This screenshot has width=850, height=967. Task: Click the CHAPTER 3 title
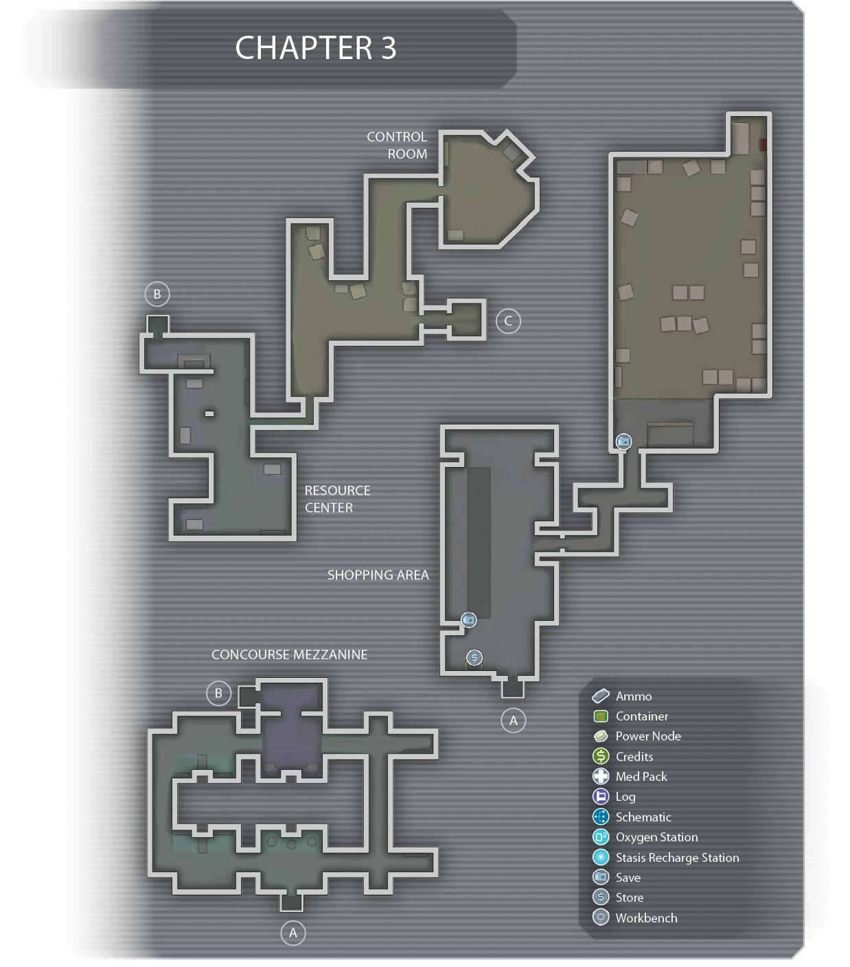pyautogui.click(x=315, y=47)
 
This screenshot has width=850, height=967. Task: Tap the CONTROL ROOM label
pyautogui.click(x=397, y=145)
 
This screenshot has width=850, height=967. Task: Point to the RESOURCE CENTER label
pyautogui.click(x=337, y=499)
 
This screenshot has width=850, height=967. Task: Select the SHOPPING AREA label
pyautogui.click(x=378, y=575)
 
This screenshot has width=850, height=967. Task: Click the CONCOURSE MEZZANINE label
pyautogui.click(x=289, y=655)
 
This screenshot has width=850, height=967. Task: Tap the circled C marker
pyautogui.click(x=508, y=321)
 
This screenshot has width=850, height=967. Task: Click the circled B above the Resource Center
pyautogui.click(x=157, y=294)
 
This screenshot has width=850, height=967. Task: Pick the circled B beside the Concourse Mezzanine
pyautogui.click(x=218, y=693)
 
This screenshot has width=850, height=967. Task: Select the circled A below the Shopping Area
pyautogui.click(x=513, y=720)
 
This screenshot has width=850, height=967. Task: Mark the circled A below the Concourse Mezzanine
pyautogui.click(x=292, y=933)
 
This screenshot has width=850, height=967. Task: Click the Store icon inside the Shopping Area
pyautogui.click(x=474, y=658)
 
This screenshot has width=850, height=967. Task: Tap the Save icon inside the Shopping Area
pyautogui.click(x=468, y=620)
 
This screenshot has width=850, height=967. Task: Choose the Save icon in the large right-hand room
pyautogui.click(x=623, y=442)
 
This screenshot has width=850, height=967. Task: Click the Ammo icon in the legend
pyautogui.click(x=600, y=696)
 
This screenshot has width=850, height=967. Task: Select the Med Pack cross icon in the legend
pyautogui.click(x=600, y=776)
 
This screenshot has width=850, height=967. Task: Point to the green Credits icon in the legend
pyautogui.click(x=600, y=756)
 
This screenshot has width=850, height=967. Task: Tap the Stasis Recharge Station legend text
pyautogui.click(x=677, y=857)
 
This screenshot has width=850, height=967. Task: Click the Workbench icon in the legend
pyautogui.click(x=600, y=918)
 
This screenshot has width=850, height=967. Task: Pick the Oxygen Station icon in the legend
pyautogui.click(x=600, y=837)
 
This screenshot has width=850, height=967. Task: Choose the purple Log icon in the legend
pyautogui.click(x=600, y=796)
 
